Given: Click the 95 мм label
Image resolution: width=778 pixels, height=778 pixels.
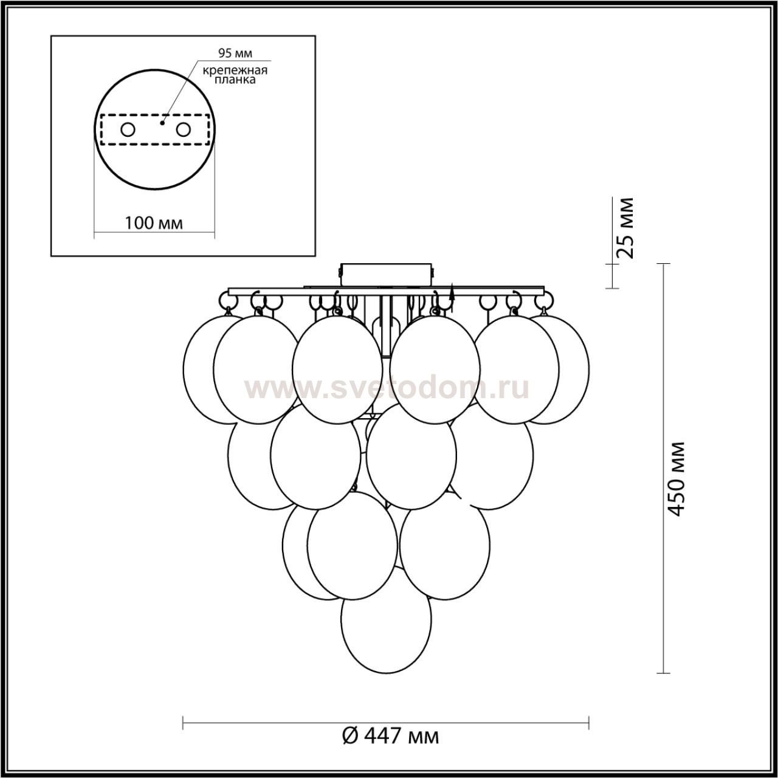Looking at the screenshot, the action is (235, 53).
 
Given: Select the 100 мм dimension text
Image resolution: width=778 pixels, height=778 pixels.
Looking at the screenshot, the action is (154, 223).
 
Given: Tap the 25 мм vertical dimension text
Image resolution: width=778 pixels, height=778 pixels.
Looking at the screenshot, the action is (626, 228).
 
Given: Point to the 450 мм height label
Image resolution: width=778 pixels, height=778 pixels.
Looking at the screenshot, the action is (676, 479).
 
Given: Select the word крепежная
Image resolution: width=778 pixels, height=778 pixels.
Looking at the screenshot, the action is (235, 71).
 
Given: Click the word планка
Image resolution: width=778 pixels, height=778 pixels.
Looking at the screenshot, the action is (235, 80).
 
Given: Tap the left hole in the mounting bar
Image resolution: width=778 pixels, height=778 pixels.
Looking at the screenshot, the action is (128, 130).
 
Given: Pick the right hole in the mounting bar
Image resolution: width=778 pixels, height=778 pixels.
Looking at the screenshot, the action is (184, 130).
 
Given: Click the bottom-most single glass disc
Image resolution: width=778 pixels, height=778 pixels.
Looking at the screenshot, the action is (386, 636).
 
